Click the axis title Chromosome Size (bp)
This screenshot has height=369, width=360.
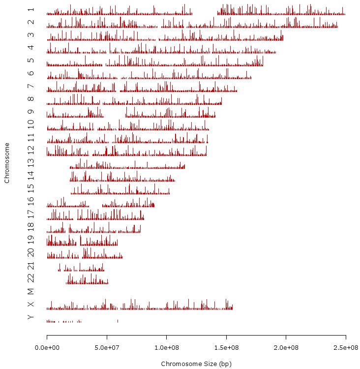[x=196, y=364]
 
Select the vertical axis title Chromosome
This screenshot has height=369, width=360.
[x=7, y=163]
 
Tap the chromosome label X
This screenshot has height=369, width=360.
[x=31, y=305]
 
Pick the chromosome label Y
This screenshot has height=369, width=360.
[x=31, y=317]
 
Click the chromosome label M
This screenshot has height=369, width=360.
[x=31, y=292]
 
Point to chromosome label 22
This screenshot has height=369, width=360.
[x=31, y=278]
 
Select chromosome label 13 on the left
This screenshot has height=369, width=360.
[x=31, y=163]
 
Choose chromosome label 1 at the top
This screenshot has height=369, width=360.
[x=31, y=10]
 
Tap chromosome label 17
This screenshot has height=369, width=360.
[x=31, y=214]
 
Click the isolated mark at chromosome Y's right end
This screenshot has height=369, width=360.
[x=118, y=321]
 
